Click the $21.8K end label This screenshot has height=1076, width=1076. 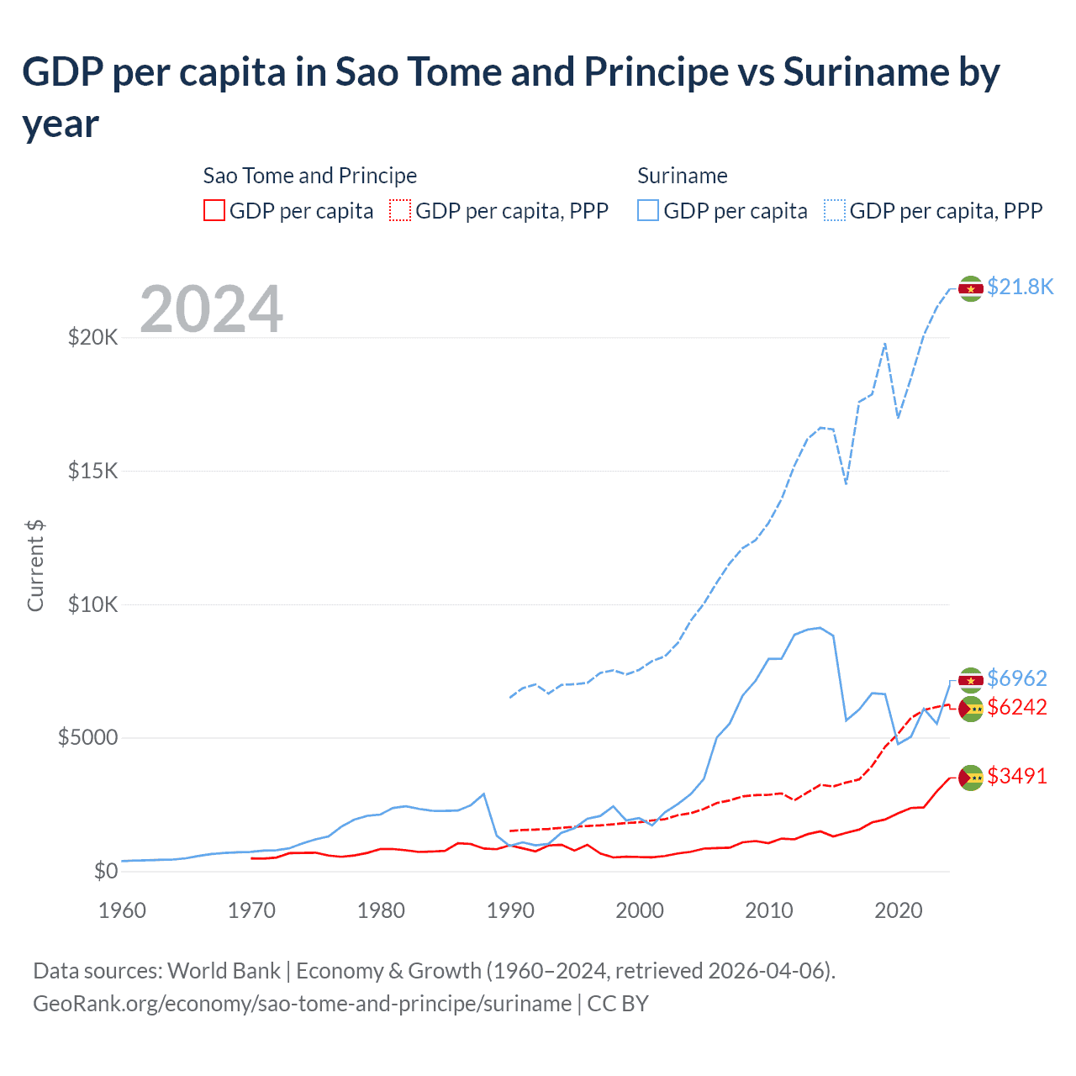pyautogui.click(x=1020, y=287)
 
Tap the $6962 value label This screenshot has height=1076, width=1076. pyautogui.click(x=1016, y=678)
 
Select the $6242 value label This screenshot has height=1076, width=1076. pyautogui.click(x=1016, y=707)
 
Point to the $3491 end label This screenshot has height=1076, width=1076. pyautogui.click(x=1016, y=776)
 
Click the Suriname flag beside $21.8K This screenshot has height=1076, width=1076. pyautogui.click(x=971, y=288)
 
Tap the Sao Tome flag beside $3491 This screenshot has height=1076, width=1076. pyautogui.click(x=971, y=778)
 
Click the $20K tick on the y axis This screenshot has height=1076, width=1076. pyautogui.click(x=93, y=338)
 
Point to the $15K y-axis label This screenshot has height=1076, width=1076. pyautogui.click(x=93, y=471)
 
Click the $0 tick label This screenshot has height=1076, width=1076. pyautogui.click(x=105, y=871)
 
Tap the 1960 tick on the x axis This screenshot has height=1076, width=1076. pyautogui.click(x=122, y=910)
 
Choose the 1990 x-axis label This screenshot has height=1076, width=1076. pyautogui.click(x=510, y=910)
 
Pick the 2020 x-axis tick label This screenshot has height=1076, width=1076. pyautogui.click(x=899, y=910)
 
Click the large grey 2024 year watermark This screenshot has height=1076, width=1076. pyautogui.click(x=211, y=309)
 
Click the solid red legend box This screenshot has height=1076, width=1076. pyautogui.click(x=214, y=210)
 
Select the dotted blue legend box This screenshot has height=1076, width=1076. pyautogui.click(x=835, y=210)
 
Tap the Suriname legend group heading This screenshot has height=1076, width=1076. pyautogui.click(x=682, y=176)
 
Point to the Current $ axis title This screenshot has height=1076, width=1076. pyautogui.click(x=35, y=566)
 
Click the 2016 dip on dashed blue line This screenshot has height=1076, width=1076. pyautogui.click(x=846, y=483)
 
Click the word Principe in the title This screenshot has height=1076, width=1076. pyautogui.click(x=657, y=72)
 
